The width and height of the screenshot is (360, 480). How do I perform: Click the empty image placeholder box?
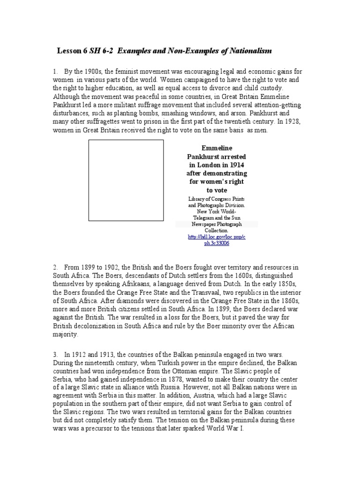coord(127,180)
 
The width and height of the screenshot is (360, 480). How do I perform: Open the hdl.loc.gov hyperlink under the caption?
coord(216,240)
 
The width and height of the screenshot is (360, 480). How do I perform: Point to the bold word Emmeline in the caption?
coord(217,148)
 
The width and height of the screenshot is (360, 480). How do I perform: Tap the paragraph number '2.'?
coord(55,267)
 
